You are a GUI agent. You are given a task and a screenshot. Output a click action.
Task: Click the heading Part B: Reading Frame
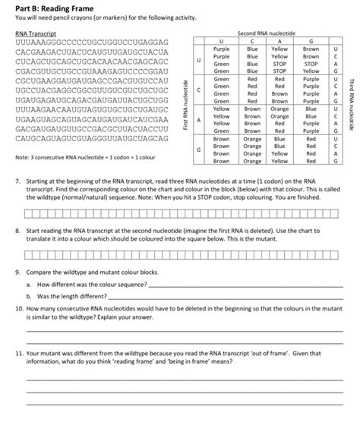coord(54,7)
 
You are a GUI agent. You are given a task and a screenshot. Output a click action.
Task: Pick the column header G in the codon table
coord(311,43)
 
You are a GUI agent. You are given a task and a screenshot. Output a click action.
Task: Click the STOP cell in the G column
coord(311,64)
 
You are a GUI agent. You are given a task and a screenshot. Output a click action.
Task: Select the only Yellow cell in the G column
coord(311,71)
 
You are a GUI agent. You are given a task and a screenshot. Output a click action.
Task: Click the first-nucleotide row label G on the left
coord(199,150)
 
